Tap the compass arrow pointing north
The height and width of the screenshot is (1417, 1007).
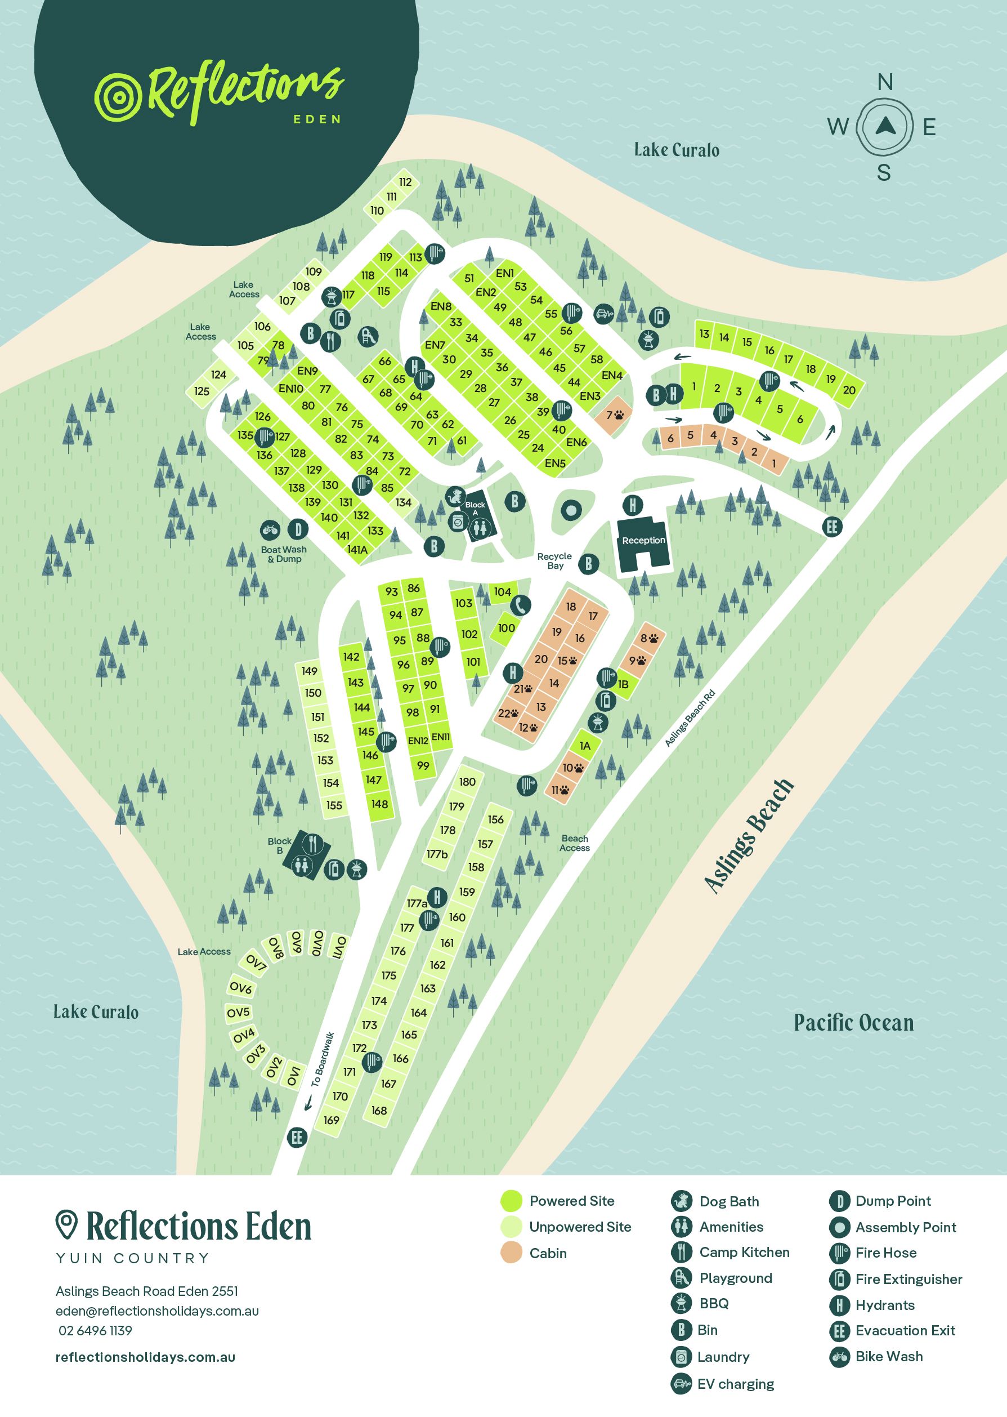(x=884, y=127)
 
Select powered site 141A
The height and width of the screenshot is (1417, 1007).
(x=357, y=549)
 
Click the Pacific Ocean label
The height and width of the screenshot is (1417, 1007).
(x=854, y=1023)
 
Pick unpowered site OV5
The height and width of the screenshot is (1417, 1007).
(x=238, y=1013)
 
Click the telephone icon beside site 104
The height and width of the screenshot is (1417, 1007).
(x=521, y=605)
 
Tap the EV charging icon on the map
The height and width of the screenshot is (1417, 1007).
(x=603, y=314)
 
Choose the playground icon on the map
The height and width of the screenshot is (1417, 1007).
(x=368, y=336)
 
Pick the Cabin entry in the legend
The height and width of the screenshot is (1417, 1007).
(x=548, y=1253)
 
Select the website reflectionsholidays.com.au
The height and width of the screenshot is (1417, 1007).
(x=145, y=1357)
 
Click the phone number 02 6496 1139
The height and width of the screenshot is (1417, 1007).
(x=95, y=1330)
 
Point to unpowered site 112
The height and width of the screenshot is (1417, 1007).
(x=405, y=182)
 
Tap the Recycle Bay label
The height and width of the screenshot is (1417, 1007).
(x=554, y=561)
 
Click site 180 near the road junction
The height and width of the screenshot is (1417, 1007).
(x=467, y=782)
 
